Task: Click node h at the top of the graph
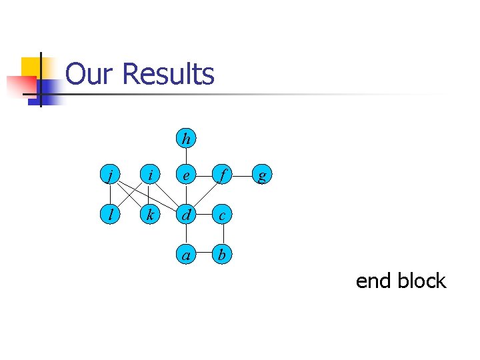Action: click(x=186, y=139)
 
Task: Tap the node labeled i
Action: click(x=151, y=176)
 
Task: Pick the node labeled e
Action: click(x=186, y=176)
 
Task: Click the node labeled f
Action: click(x=223, y=176)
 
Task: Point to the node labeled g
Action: click(x=262, y=176)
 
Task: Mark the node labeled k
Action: click(x=151, y=215)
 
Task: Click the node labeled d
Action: click(x=186, y=215)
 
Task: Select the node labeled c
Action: click(x=223, y=215)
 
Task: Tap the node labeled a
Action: click(x=186, y=253)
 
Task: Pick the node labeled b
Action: click(x=223, y=253)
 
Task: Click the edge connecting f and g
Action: click(x=243, y=176)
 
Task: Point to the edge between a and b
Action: click(x=205, y=253)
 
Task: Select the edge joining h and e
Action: click(x=186, y=157)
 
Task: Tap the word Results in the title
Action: click(x=169, y=74)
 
